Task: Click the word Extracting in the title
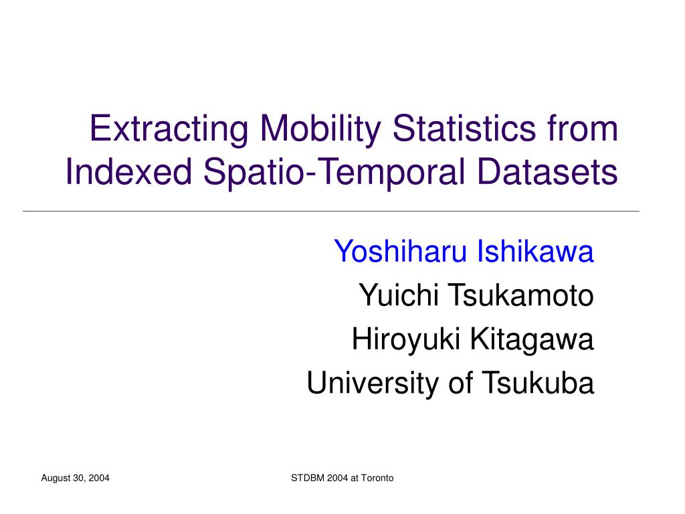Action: tap(169, 128)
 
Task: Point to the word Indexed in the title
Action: tap(129, 171)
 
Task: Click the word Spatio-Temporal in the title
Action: tap(334, 172)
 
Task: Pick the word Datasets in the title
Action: tap(547, 171)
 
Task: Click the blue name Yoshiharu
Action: tap(401, 252)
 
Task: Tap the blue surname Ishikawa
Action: tap(535, 252)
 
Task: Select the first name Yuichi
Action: tap(399, 295)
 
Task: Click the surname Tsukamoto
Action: tap(521, 295)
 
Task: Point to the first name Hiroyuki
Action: tap(406, 340)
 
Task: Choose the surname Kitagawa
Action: tap(532, 340)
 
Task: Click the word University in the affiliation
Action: tap(373, 383)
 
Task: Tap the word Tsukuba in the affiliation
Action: tap(538, 383)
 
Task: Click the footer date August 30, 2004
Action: tap(75, 478)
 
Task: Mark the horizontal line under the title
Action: tap(331, 211)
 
